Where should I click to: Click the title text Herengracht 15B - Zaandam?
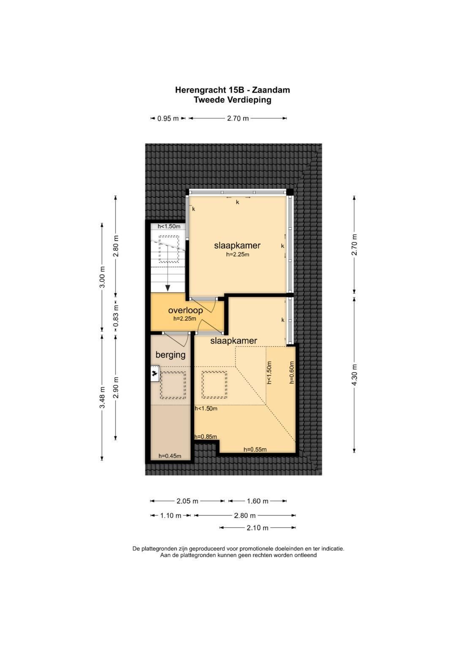tap(232, 90)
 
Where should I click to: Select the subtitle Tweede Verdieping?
tap(232, 100)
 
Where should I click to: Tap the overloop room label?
tap(185, 310)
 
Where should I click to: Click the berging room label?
tap(170, 355)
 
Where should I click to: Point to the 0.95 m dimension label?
tap(168, 119)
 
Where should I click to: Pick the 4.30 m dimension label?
tap(354, 375)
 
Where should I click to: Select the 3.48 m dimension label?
tap(102, 397)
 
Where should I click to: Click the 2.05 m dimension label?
tap(187, 501)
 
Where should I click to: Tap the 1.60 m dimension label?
tap(257, 501)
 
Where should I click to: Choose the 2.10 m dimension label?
tap(257, 528)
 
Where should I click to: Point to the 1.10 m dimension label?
tap(171, 516)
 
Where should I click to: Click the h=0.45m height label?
tap(170, 456)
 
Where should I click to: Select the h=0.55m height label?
tap(255, 449)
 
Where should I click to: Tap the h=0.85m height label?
tap(206, 437)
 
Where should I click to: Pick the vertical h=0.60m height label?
tap(291, 372)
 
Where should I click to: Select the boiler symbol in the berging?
tap(155, 373)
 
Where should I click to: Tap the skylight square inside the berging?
tap(172, 385)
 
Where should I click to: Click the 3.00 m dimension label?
tap(102, 278)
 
